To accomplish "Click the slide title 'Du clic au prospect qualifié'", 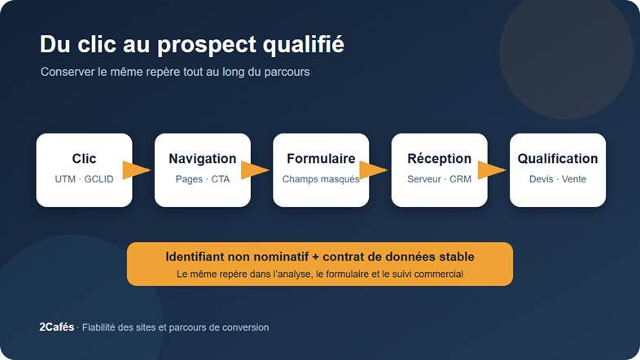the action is [x=192, y=45].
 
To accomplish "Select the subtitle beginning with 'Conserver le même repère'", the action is [x=175, y=72].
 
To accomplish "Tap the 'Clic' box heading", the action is [x=84, y=158].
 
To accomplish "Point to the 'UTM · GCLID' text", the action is [x=84, y=178].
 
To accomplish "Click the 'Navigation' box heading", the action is [x=203, y=158].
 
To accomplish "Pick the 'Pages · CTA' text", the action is [x=203, y=179].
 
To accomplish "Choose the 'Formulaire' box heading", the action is [x=321, y=158].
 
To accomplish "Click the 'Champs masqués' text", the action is [x=321, y=179].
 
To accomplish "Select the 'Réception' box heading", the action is [x=439, y=158].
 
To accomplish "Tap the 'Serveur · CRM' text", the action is [x=439, y=179].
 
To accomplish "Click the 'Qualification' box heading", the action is [x=558, y=158].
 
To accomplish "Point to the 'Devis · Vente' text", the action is [x=558, y=178].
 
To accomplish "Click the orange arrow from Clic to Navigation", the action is [x=136, y=169].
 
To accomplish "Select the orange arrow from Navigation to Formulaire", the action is [x=255, y=169].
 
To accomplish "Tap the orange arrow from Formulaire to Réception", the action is [x=373, y=169].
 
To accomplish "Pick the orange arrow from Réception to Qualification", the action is [x=492, y=169].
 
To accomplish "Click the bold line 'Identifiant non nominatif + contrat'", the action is [x=320, y=257].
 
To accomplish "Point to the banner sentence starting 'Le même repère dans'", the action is [x=320, y=274].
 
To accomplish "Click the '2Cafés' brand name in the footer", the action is [x=57, y=327].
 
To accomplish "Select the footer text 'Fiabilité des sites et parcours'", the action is [x=176, y=327].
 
